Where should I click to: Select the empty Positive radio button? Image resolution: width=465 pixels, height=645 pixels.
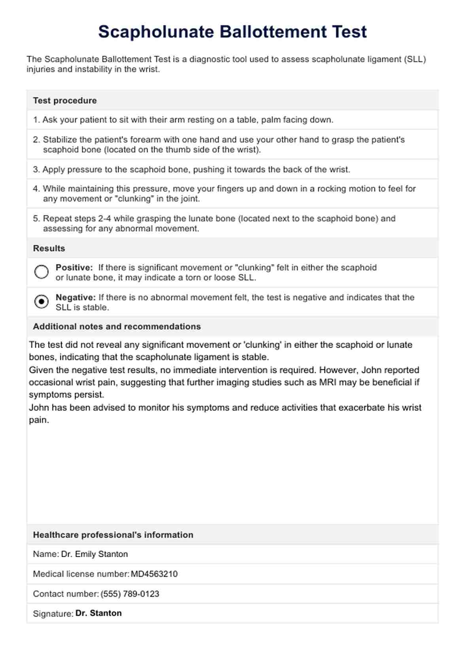point(42,272)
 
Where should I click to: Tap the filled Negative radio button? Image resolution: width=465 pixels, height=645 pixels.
point(42,302)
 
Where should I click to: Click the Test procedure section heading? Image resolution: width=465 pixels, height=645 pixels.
point(65,101)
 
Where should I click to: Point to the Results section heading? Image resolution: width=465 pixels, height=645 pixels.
point(49,249)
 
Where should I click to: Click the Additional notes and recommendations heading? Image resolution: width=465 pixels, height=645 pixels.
point(117,326)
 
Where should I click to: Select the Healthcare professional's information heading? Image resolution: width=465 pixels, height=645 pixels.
point(113,535)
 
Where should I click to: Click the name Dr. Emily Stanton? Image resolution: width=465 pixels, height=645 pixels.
point(94,554)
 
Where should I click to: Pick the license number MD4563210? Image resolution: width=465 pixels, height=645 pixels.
point(154,574)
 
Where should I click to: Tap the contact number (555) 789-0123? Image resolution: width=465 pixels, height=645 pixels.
point(130,594)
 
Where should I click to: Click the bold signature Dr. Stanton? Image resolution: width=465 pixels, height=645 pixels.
point(98,613)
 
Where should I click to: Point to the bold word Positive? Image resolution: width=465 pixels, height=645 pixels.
point(74,267)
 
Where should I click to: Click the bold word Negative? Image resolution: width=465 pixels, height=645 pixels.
point(76,297)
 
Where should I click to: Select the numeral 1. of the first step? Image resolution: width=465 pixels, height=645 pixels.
point(36,120)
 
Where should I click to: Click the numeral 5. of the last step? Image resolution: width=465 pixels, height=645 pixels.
point(36,218)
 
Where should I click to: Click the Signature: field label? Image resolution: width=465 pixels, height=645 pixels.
point(53,614)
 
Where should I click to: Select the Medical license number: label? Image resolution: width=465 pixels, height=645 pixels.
point(81,574)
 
